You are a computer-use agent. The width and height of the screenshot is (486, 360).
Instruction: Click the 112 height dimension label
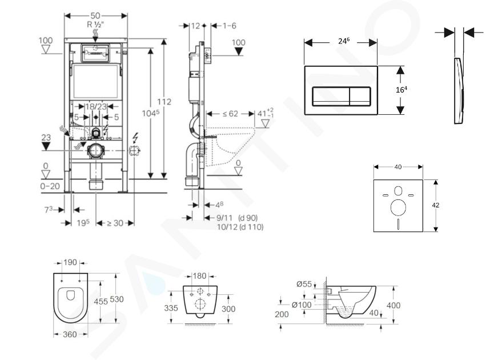[164, 102]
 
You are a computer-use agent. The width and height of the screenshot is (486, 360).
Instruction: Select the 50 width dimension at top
[95, 15]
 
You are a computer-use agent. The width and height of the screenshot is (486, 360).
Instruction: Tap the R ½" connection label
[95, 25]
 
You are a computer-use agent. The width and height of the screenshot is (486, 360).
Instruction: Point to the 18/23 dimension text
[96, 107]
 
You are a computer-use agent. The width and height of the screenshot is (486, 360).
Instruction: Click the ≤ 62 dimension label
[230, 114]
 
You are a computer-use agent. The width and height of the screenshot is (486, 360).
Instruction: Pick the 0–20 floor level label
[50, 186]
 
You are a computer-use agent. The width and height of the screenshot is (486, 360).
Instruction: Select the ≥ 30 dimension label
[115, 223]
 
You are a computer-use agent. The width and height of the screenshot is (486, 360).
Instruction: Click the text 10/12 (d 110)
[240, 227]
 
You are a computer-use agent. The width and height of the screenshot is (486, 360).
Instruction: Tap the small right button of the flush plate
[360, 97]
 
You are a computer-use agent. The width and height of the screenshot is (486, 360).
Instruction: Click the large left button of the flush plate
[331, 97]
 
